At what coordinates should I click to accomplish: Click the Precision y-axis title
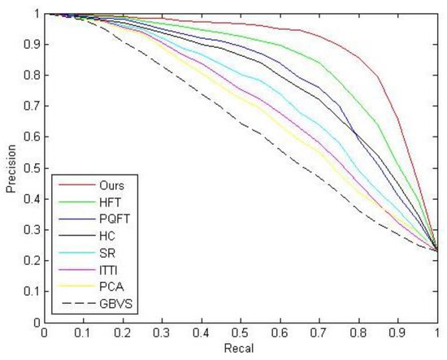(x=11, y=167)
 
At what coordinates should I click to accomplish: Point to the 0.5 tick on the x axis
(x=241, y=332)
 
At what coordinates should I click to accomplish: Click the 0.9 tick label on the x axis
(x=398, y=332)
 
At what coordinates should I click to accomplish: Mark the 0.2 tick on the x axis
(x=123, y=332)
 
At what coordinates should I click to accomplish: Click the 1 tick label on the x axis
(x=437, y=332)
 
